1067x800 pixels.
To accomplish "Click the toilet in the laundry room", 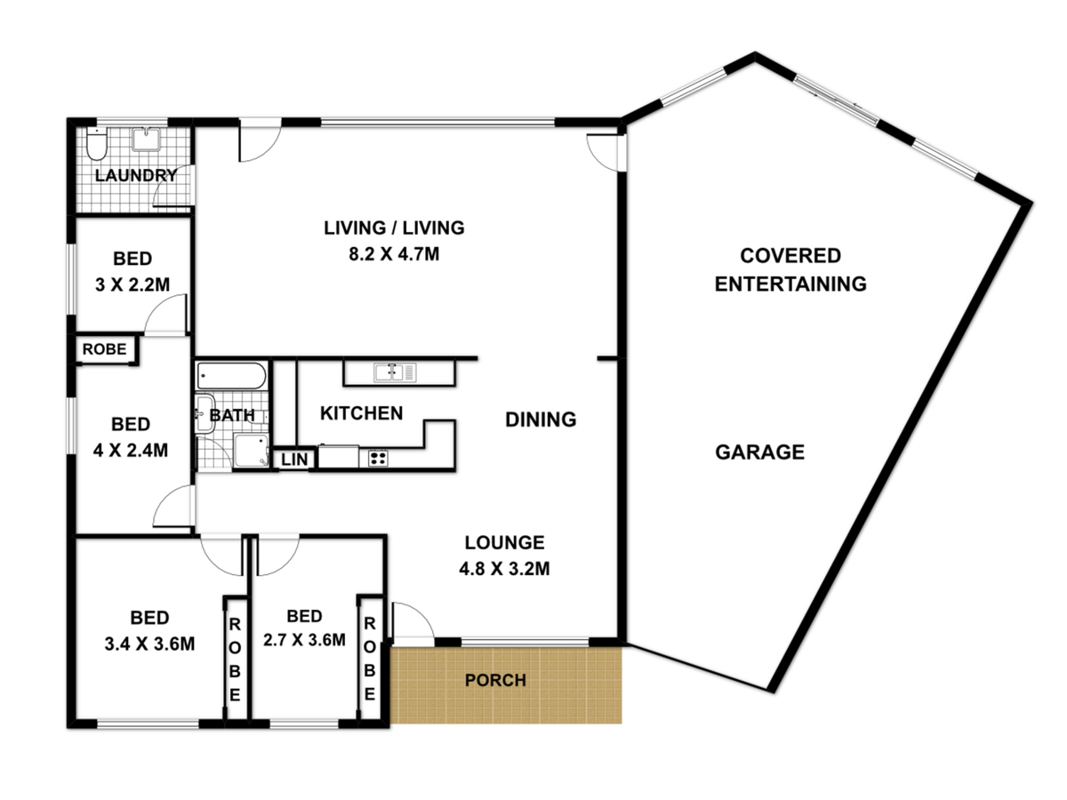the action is [x=97, y=143].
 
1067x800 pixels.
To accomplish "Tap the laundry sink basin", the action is [x=147, y=139].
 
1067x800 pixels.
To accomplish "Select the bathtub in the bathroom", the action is [x=231, y=376].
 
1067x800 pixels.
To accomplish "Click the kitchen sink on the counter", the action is [x=395, y=372].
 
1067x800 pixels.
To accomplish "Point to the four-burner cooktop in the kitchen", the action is [x=378, y=458].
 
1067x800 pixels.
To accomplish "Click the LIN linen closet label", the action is [x=294, y=459].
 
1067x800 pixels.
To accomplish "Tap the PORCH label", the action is [x=495, y=680].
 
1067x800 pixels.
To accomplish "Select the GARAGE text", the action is [x=759, y=452].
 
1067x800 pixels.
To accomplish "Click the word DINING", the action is [x=541, y=420].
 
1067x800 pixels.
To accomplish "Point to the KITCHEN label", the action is [x=361, y=413].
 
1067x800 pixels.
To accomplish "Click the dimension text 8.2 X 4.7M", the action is [x=394, y=254].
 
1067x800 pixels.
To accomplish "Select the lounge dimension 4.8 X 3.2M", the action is [x=504, y=569].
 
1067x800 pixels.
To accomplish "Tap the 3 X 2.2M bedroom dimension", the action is [x=132, y=284].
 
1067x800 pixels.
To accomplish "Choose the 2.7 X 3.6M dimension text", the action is [x=304, y=640].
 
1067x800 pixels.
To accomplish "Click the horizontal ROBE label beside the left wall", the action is [x=104, y=349].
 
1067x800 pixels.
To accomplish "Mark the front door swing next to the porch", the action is [x=413, y=620].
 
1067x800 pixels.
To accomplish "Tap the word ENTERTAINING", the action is [x=790, y=284].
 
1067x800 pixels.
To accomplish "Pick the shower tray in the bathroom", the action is [x=251, y=451].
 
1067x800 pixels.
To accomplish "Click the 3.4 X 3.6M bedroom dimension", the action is [x=149, y=644].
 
